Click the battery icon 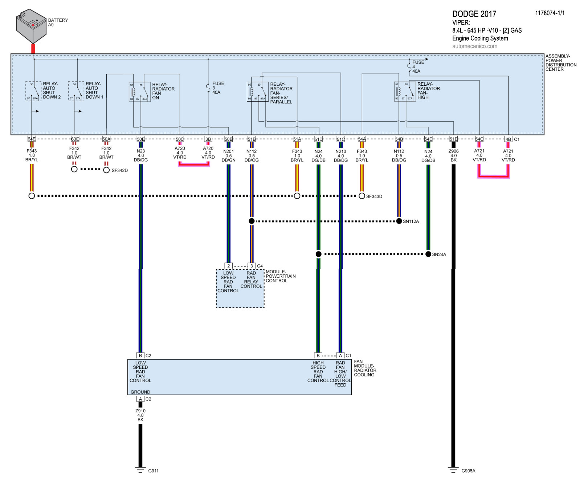tap(31, 26)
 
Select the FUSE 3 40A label tap(218, 88)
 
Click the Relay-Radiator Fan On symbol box tap(140, 92)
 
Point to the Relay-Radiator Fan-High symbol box tap(405, 91)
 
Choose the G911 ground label tap(153, 471)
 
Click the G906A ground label tap(468, 471)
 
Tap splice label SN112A tap(411, 221)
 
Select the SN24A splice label tap(439, 254)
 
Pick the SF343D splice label tap(374, 196)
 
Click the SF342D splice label tap(119, 170)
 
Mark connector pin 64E tap(32, 139)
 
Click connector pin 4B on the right tap(508, 139)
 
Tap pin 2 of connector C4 tap(228, 266)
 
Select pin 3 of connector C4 tap(252, 266)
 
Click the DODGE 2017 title tap(474, 14)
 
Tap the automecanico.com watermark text tap(475, 46)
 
